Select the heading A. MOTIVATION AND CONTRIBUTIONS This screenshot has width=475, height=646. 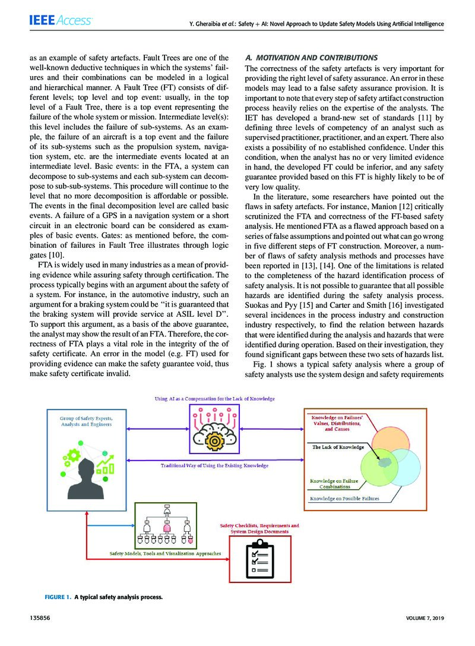pyautogui.click(x=311, y=58)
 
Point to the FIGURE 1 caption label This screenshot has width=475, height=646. pyautogui.click(x=58, y=596)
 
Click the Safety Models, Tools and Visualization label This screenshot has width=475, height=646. pyautogui.click(x=165, y=553)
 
